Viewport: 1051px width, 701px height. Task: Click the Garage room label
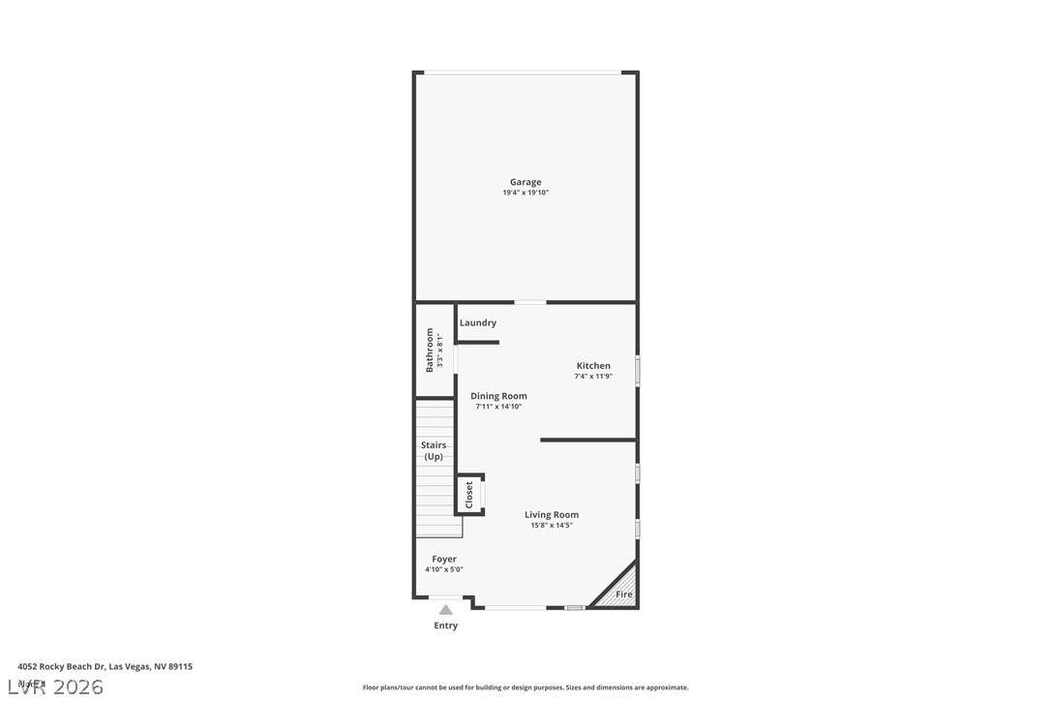pos(525,182)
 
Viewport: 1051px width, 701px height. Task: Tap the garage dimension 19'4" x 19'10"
pos(525,193)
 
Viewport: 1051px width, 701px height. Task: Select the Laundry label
pos(478,322)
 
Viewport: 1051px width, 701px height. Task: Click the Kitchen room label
pos(593,366)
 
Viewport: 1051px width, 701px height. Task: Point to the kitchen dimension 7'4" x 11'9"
pos(593,377)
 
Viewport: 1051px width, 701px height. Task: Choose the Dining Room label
pos(498,396)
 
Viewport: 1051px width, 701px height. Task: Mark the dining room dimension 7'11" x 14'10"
pos(498,407)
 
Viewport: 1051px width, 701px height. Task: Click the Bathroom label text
pos(430,350)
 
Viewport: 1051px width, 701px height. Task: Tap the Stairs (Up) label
pos(434,450)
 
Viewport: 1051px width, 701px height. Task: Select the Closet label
pos(469,495)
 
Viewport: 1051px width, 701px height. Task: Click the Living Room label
pos(552,515)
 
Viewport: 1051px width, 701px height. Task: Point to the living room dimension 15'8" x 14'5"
pos(552,526)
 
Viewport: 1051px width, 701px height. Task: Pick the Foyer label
pos(444,559)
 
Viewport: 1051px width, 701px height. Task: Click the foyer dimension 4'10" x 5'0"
pos(444,569)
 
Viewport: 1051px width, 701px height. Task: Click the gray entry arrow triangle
pos(445,610)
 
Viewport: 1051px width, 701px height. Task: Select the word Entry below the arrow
pos(445,625)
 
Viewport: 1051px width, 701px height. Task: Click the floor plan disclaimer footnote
pos(525,687)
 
